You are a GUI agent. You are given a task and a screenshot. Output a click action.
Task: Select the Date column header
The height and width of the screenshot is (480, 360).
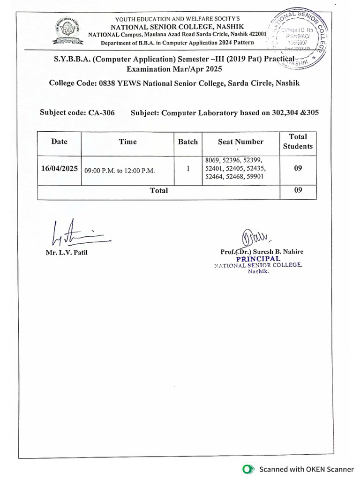pos(59,142)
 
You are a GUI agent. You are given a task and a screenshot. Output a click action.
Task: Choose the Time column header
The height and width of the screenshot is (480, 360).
pos(127,142)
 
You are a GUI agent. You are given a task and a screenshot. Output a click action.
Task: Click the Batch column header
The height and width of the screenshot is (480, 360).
pos(188,142)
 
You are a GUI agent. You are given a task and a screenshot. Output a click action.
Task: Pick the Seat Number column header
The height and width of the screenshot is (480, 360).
pos(240,142)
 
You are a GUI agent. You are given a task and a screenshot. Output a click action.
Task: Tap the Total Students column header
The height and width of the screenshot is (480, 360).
pos(298,142)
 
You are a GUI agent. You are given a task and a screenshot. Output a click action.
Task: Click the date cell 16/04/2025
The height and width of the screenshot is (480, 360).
pos(59,169)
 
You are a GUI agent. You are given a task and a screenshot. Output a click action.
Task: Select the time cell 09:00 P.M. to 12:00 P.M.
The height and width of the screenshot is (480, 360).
pos(120,171)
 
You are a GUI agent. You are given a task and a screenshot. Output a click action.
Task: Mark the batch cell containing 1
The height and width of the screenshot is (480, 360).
pos(188,169)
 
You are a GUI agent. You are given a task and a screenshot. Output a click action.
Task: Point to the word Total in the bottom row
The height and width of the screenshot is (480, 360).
pos(158,191)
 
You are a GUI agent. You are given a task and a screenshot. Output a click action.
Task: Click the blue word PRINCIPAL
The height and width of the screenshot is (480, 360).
pos(258,259)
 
